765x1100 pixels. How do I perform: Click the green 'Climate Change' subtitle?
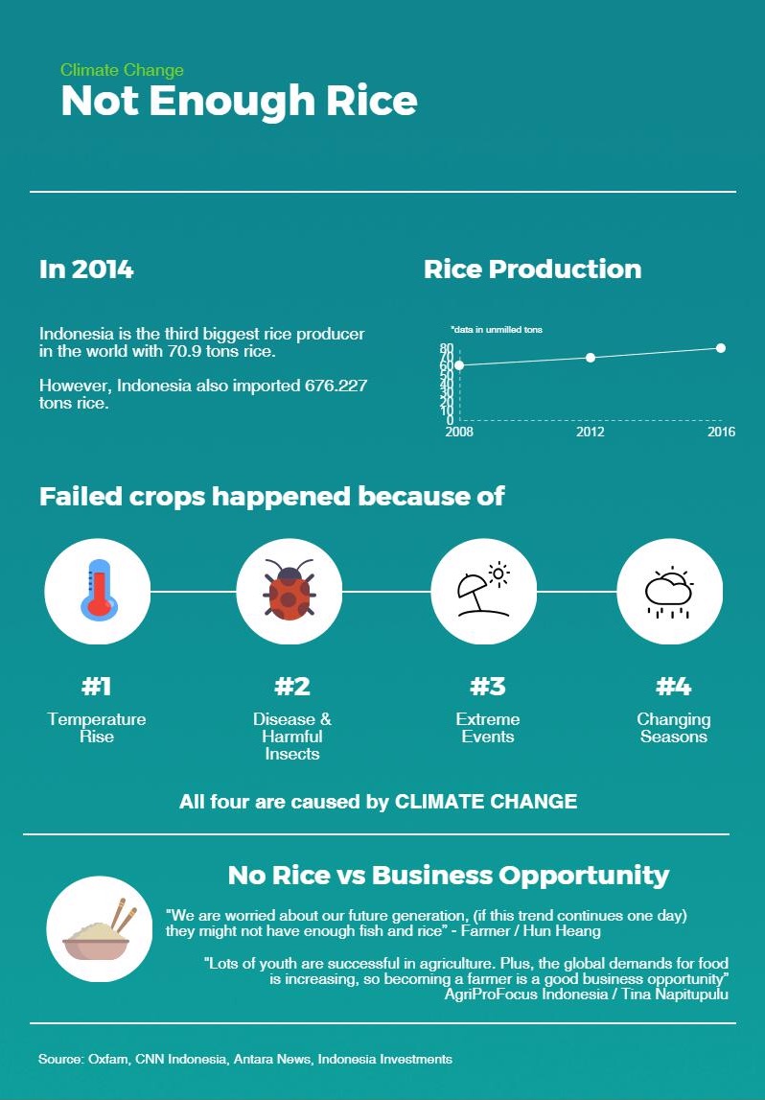[122, 70]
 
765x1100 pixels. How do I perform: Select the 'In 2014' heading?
[86, 269]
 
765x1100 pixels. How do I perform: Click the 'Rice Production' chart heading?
[532, 269]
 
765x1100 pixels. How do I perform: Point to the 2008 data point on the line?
[459, 365]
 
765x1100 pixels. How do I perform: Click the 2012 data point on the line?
[591, 358]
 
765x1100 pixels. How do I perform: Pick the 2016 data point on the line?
[721, 348]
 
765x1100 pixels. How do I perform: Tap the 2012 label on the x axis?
[591, 433]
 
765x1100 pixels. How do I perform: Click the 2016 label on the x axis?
[721, 433]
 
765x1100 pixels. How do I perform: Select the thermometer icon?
[98, 591]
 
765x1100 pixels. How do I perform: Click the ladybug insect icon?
[289, 591]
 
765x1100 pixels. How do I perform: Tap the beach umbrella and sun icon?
[483, 591]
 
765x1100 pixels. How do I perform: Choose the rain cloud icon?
[669, 591]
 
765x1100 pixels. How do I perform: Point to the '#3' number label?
[487, 687]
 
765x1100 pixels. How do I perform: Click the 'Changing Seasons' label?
[674, 728]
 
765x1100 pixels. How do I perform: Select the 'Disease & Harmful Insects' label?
[292, 737]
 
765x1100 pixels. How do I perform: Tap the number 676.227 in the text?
[336, 386]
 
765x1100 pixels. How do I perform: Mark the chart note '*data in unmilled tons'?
[497, 330]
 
